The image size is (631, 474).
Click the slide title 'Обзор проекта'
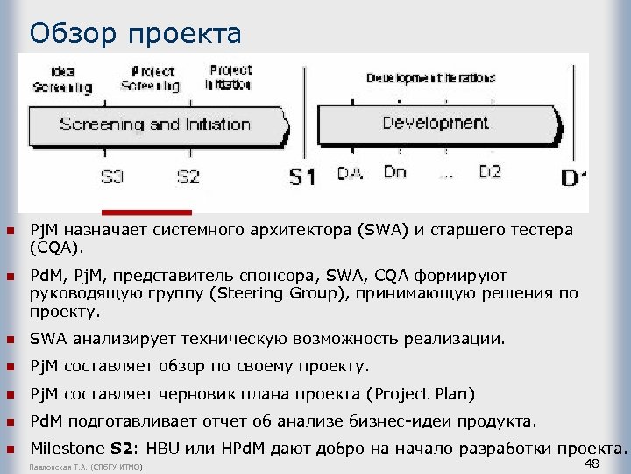click(x=135, y=33)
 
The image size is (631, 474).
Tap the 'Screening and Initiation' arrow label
click(x=155, y=124)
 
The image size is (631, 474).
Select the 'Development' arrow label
click(x=436, y=122)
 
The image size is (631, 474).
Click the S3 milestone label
click(x=112, y=176)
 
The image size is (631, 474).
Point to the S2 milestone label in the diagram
click(x=188, y=176)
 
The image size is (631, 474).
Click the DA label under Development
click(x=350, y=175)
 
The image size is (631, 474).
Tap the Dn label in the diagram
click(x=395, y=172)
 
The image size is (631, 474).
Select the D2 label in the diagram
click(x=490, y=172)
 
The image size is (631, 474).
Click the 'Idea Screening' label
click(x=62, y=79)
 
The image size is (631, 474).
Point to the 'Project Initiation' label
click(x=230, y=76)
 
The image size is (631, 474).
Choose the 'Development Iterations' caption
click(x=430, y=77)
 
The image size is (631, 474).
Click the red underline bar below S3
click(x=146, y=212)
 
